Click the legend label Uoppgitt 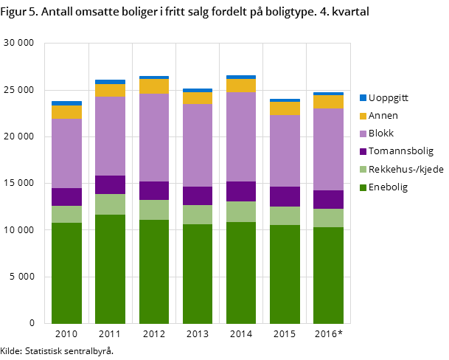pyautogui.click(x=389, y=97)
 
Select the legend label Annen pyautogui.click(x=383, y=116)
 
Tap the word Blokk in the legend pyautogui.click(x=381, y=134)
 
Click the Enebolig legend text pyautogui.click(x=388, y=187)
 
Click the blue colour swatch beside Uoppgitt pyautogui.click(x=363, y=97)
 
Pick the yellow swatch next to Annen pyautogui.click(x=363, y=116)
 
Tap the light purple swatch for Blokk pyautogui.click(x=363, y=134)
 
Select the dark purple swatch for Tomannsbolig pyautogui.click(x=363, y=151)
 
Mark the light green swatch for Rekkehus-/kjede pyautogui.click(x=363, y=170)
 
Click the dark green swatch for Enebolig pyautogui.click(x=363, y=187)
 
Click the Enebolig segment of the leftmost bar pyautogui.click(x=66, y=273)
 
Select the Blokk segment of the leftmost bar pyautogui.click(x=66, y=153)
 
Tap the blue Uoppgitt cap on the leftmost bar pyautogui.click(x=66, y=103)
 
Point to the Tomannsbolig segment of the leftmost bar pyautogui.click(x=66, y=197)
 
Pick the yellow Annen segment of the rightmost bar pyautogui.click(x=328, y=102)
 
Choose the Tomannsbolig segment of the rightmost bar pyautogui.click(x=328, y=199)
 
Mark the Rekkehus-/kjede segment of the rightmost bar pyautogui.click(x=328, y=218)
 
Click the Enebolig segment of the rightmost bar pyautogui.click(x=328, y=275)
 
